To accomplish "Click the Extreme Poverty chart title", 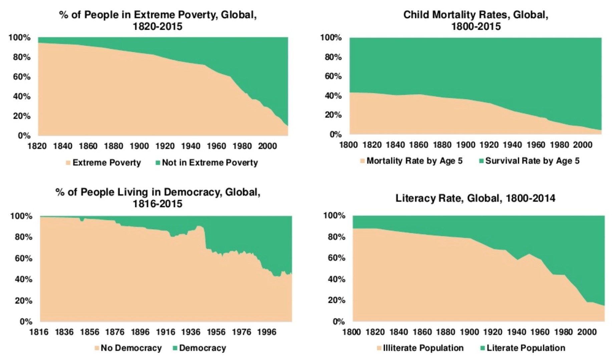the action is click(158, 20).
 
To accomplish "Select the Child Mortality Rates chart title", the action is click(476, 20).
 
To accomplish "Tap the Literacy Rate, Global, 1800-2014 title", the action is click(476, 198).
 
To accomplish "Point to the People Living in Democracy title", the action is click(158, 198).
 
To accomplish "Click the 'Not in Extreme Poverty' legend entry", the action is click(207, 163).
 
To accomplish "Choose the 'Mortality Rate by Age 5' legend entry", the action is click(411, 161).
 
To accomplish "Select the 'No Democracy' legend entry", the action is click(128, 348).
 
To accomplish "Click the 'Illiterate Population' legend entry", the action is click(420, 348).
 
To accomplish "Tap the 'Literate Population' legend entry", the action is click(523, 348).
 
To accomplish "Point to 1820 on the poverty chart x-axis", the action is click(37, 146).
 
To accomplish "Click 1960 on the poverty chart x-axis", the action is click(217, 146).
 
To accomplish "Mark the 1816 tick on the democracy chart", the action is click(39, 332).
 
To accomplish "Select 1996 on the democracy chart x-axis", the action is click(267, 332).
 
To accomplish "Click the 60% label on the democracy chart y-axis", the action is click(23, 258).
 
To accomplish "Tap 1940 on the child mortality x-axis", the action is click(513, 145).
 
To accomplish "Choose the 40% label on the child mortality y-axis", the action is click(333, 96).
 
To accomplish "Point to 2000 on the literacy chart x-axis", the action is click(587, 332).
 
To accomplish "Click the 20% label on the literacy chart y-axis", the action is click(336, 300).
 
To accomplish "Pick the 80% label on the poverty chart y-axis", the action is click(22, 57).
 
